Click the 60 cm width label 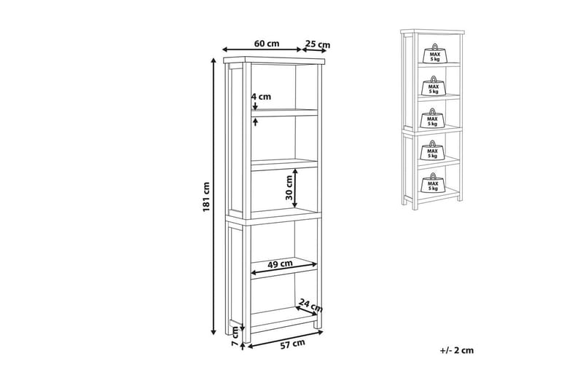pos(267,44)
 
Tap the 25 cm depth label pos(318,44)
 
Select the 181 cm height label pos(207,197)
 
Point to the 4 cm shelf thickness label pos(261,97)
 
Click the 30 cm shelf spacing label pos(289,188)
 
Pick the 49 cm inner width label pos(280,264)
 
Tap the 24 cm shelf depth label pos(311,305)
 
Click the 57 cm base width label pos(292,344)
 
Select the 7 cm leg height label pos(235,336)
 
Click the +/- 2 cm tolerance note pos(457,350)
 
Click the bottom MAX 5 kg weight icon pos(433,183)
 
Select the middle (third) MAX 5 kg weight pos(433,119)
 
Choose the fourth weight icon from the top pos(433,151)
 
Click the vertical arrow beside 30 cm pos(295,188)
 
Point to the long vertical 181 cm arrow pos(214,197)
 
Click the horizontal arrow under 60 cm pos(262,50)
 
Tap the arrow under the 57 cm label pos(285,340)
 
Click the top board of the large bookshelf pos(275,60)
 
